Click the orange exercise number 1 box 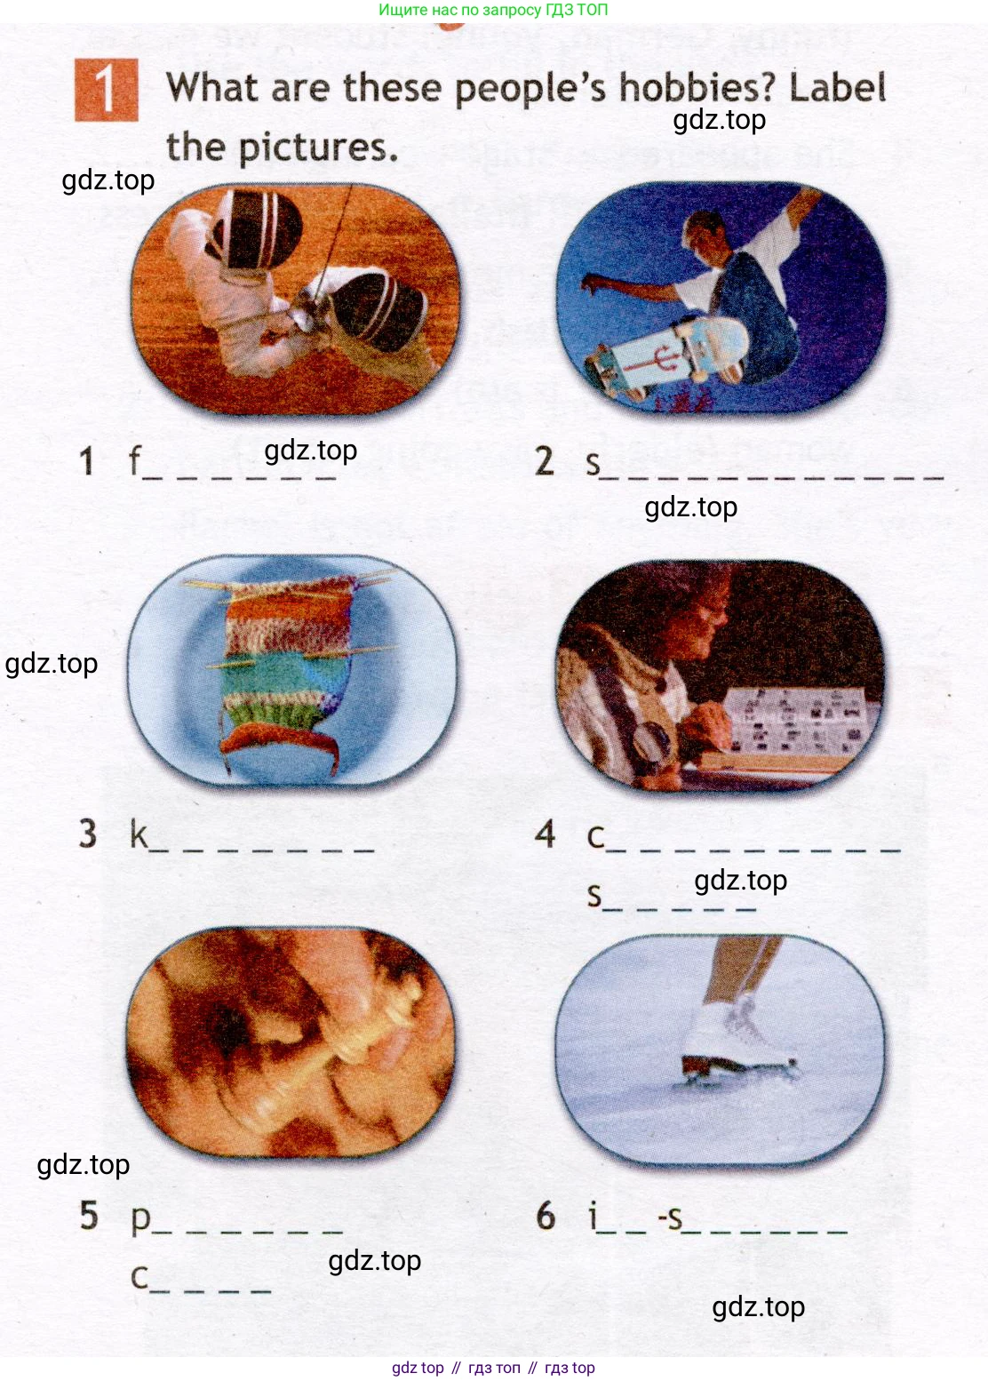[x=107, y=90]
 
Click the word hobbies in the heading [x=697, y=87]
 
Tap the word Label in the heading [x=838, y=87]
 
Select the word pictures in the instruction [x=318, y=148]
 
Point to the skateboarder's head [x=707, y=231]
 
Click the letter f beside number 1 [x=135, y=460]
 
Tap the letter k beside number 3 [x=139, y=834]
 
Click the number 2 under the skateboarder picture [x=545, y=461]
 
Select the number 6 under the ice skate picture [x=546, y=1216]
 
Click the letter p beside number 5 [x=140, y=1219]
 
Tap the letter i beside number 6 [x=593, y=1216]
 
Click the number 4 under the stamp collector [x=545, y=834]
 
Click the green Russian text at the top [x=493, y=10]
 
